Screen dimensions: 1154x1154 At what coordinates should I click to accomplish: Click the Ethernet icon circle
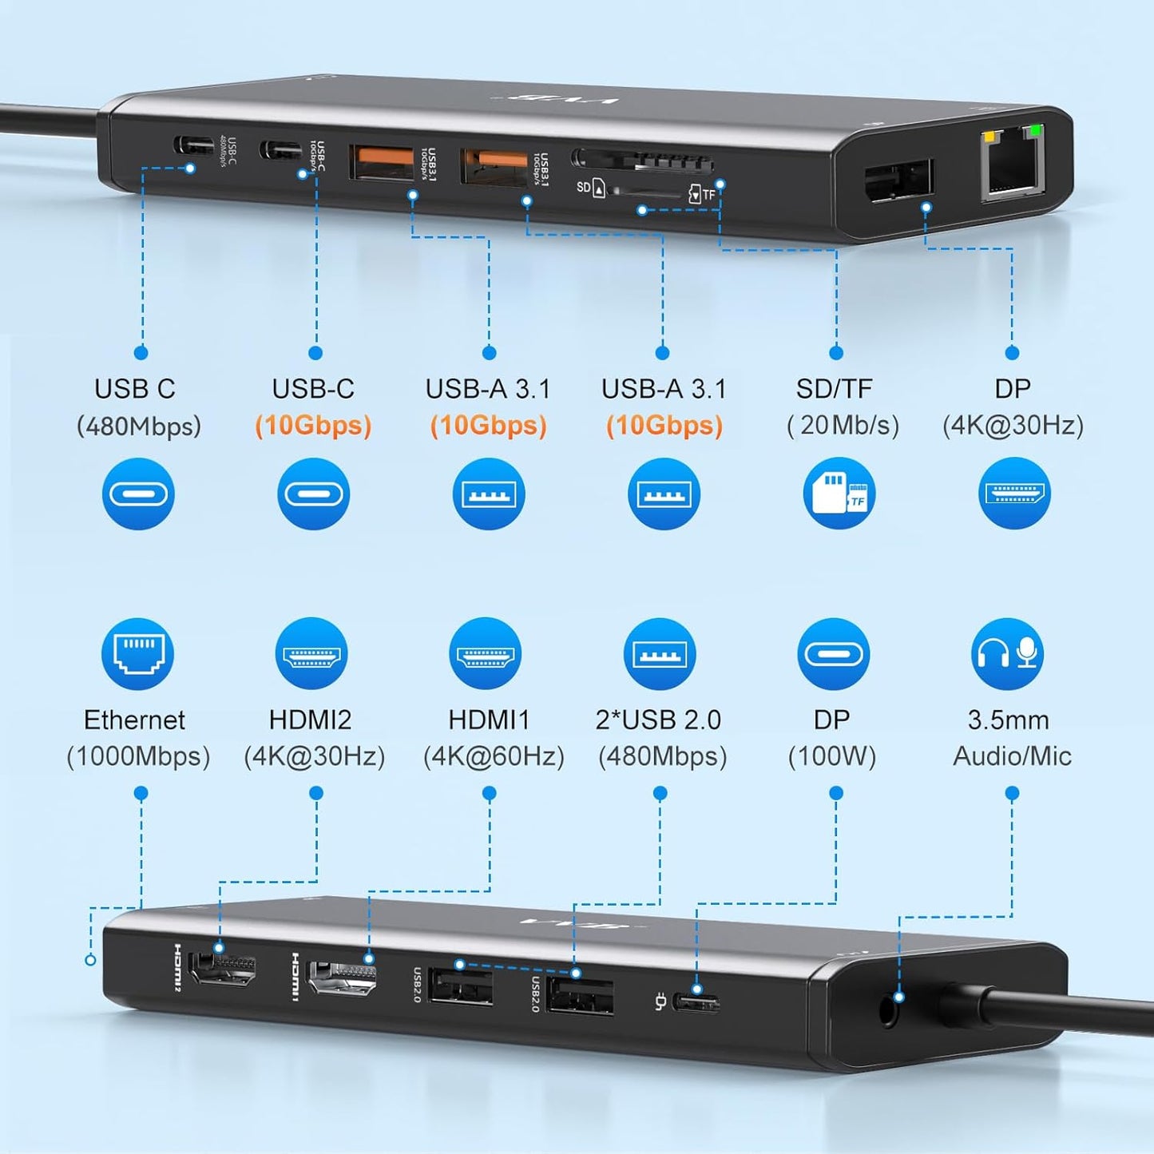(137, 654)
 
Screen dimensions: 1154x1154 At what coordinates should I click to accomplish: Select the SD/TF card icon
(839, 494)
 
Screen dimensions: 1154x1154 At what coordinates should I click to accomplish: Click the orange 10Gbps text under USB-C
(313, 425)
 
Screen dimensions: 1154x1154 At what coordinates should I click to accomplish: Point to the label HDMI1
(489, 720)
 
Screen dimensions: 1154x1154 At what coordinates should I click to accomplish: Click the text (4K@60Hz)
(494, 756)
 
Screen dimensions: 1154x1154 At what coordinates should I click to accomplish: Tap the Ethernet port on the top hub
(1013, 167)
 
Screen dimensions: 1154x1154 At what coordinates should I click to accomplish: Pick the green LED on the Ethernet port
(1036, 130)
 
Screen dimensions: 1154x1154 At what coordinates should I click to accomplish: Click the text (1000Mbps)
(138, 756)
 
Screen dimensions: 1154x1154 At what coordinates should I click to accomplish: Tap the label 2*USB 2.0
(658, 720)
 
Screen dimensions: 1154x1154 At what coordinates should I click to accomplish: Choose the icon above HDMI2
(311, 654)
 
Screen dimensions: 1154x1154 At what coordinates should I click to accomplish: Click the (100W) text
(832, 756)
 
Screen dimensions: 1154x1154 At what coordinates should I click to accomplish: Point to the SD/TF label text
(834, 389)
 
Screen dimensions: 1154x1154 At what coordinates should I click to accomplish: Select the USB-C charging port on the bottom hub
(696, 1001)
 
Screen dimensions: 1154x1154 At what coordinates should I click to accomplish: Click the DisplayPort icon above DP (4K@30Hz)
(1014, 494)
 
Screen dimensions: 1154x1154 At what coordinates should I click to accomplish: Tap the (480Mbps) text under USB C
(138, 426)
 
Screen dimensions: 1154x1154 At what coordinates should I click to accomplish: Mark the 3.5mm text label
(1008, 720)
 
